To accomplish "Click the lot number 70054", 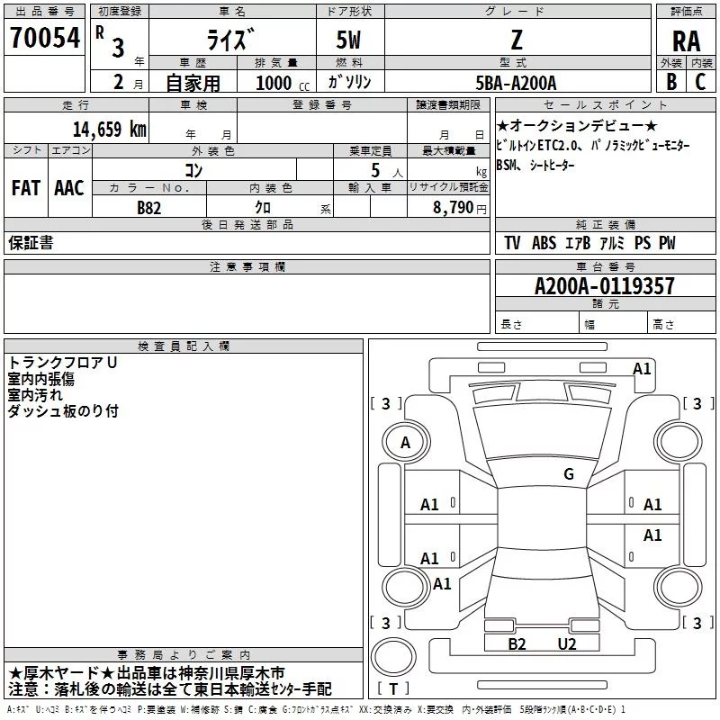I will pyautogui.click(x=45, y=38).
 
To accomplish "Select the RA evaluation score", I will pyautogui.click(x=686, y=41).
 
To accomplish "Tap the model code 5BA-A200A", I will pyautogui.click(x=516, y=83).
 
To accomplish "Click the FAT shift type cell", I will pyautogui.click(x=25, y=188).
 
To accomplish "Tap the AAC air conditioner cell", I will pyautogui.click(x=68, y=188).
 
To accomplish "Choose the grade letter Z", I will pyautogui.click(x=516, y=40).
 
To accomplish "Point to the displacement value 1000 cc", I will pyautogui.click(x=279, y=83).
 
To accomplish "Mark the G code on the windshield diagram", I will pyautogui.click(x=569, y=474).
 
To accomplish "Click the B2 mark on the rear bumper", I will pyautogui.click(x=517, y=643).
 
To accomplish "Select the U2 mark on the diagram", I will pyautogui.click(x=566, y=643).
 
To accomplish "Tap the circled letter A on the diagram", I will pyautogui.click(x=405, y=443).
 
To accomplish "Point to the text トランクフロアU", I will pyautogui.click(x=63, y=363).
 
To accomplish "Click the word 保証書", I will pyautogui.click(x=31, y=243).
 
